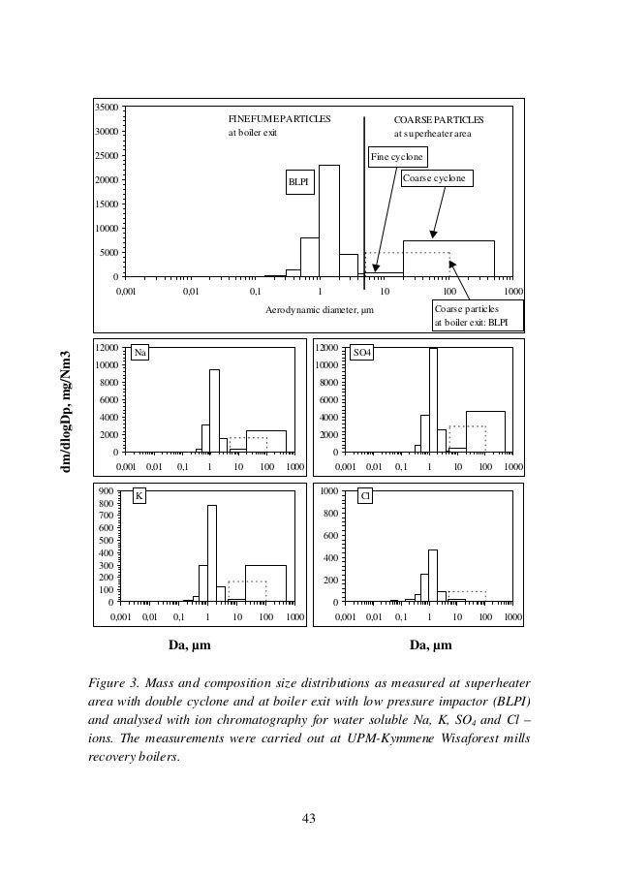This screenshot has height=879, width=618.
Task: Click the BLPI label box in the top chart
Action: [301, 181]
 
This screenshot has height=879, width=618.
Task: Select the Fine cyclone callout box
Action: [398, 156]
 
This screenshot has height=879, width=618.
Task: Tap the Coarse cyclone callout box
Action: [434, 179]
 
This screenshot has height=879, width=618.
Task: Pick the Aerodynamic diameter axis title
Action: [319, 309]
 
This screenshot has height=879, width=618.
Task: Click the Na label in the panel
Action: [141, 353]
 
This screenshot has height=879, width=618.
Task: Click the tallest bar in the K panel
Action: [212, 553]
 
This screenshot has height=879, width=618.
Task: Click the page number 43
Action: [309, 820]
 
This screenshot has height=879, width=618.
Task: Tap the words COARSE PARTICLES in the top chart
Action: [438, 118]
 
